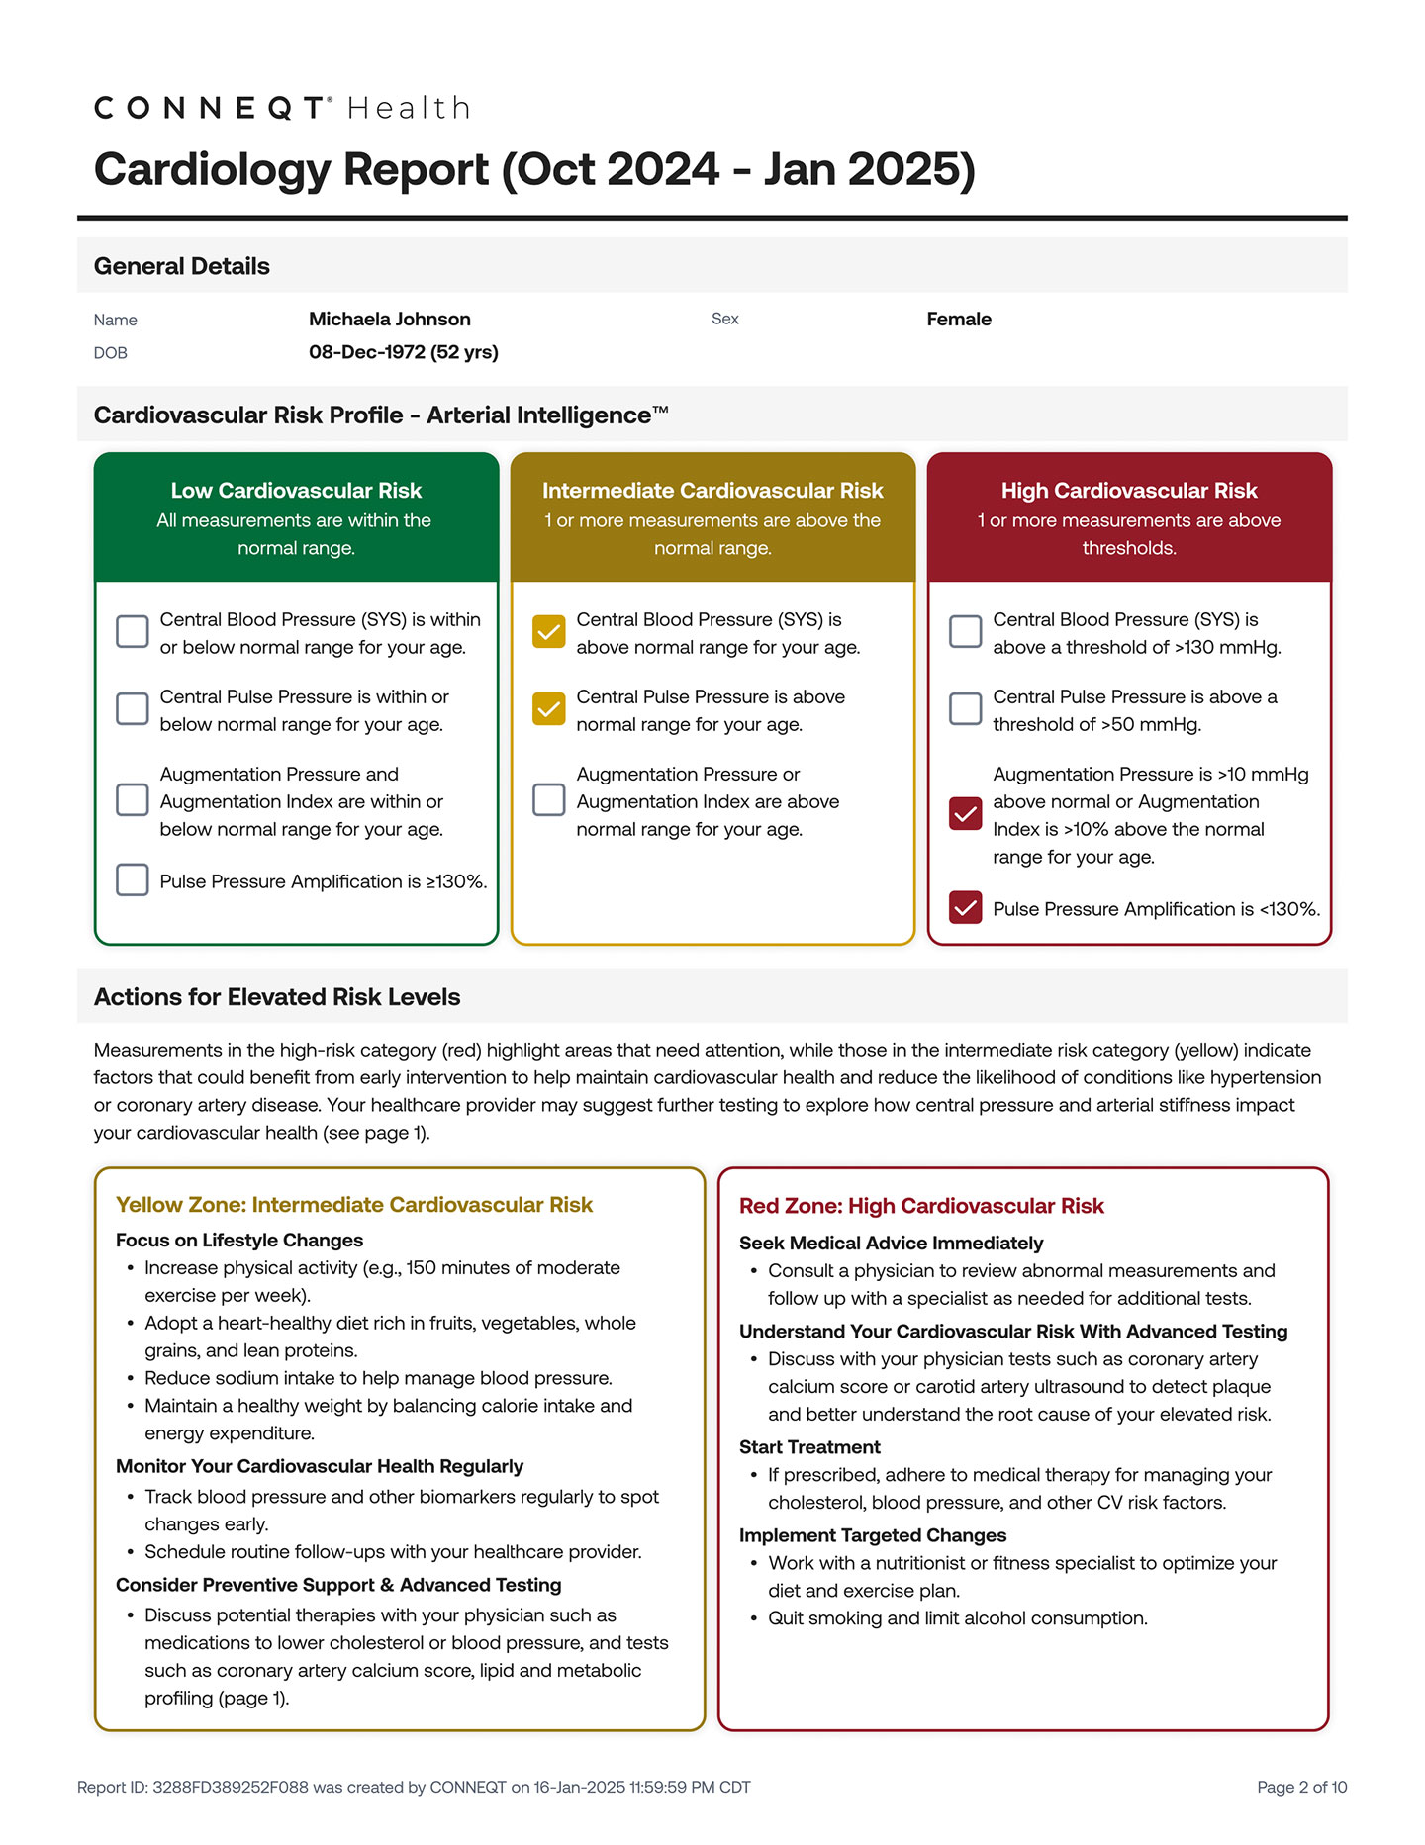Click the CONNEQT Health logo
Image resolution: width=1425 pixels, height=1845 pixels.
pos(282,108)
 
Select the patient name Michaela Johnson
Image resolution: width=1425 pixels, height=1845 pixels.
pos(389,319)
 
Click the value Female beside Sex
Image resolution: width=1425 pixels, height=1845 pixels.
pos(958,319)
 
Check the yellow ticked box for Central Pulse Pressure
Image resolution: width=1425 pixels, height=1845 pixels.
pos(548,709)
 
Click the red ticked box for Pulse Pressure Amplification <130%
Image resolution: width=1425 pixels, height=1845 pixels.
pos(965,908)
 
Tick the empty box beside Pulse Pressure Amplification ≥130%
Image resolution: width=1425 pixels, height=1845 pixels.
pos(133,880)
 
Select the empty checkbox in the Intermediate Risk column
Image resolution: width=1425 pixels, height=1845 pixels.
pos(548,800)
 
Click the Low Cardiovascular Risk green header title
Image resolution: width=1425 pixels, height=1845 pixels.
pos(296,491)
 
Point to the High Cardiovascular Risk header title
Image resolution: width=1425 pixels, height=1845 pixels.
pos(1128,491)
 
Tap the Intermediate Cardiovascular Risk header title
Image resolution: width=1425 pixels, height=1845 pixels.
pos(712,491)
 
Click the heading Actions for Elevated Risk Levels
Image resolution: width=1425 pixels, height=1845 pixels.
pos(277,997)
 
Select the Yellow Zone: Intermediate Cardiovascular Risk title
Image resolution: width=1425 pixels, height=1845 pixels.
pos(354,1205)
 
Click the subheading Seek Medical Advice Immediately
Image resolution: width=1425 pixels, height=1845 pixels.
pos(891,1244)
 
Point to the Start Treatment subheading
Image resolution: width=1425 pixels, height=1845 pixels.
pos(809,1447)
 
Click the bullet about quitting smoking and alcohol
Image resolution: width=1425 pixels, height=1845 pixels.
pos(957,1618)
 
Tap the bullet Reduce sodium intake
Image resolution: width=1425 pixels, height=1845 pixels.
pos(378,1378)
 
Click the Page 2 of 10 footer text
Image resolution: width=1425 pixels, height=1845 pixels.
pos(1301,1787)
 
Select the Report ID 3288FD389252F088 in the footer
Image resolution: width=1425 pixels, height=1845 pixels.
pos(230,1787)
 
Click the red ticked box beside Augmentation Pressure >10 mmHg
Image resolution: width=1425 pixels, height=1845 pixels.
pos(965,814)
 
